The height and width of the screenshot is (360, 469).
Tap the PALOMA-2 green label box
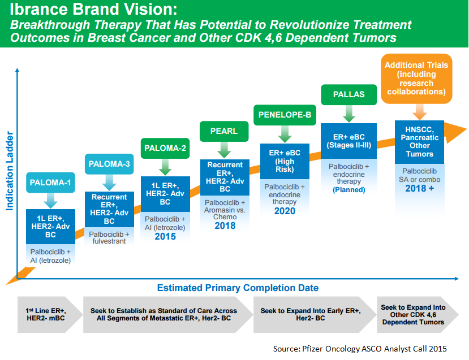(166, 149)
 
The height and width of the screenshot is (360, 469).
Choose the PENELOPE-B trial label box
(285, 115)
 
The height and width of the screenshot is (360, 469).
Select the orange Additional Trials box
(416, 79)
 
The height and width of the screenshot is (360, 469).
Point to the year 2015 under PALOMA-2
(165, 236)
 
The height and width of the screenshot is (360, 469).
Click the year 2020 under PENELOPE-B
(285, 211)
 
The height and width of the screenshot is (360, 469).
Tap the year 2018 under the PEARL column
(225, 225)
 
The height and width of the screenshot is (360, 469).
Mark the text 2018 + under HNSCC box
(419, 188)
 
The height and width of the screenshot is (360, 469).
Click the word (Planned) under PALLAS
(348, 190)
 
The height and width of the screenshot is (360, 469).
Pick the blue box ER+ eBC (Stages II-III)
(348, 141)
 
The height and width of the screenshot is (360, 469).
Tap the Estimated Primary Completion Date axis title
(238, 288)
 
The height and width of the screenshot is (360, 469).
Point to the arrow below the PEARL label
(225, 150)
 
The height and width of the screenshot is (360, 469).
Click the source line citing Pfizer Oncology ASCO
(363, 349)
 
